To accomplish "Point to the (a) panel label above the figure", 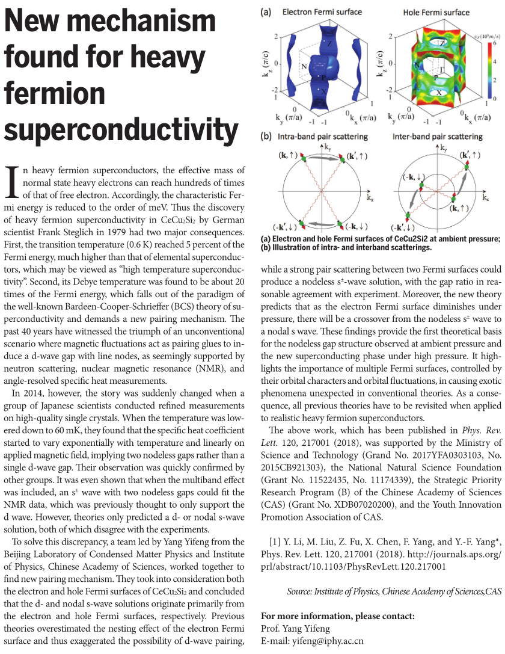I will click(266, 11).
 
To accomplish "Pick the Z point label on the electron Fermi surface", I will click(330, 44).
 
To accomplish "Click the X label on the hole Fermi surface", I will click(439, 93).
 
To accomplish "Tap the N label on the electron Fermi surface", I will click(304, 66).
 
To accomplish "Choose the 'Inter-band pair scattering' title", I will click(437, 137).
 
